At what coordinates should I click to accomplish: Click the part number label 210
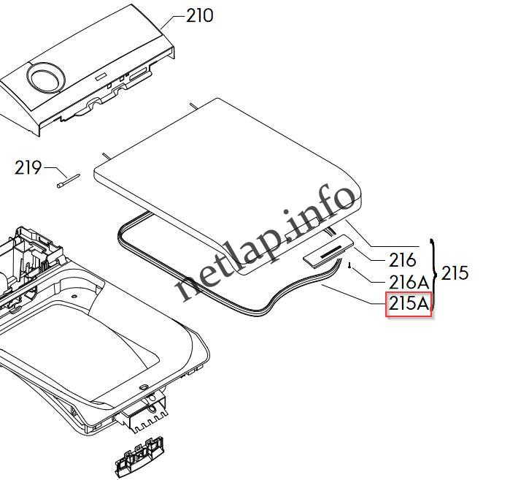(x=199, y=15)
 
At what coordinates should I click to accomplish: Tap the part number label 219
(x=28, y=167)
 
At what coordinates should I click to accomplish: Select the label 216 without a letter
(x=402, y=259)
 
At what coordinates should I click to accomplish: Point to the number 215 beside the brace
(x=455, y=273)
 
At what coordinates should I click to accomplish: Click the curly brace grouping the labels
(x=436, y=275)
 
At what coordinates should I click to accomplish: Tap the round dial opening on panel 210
(x=43, y=75)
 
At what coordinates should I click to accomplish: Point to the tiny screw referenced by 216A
(x=352, y=265)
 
